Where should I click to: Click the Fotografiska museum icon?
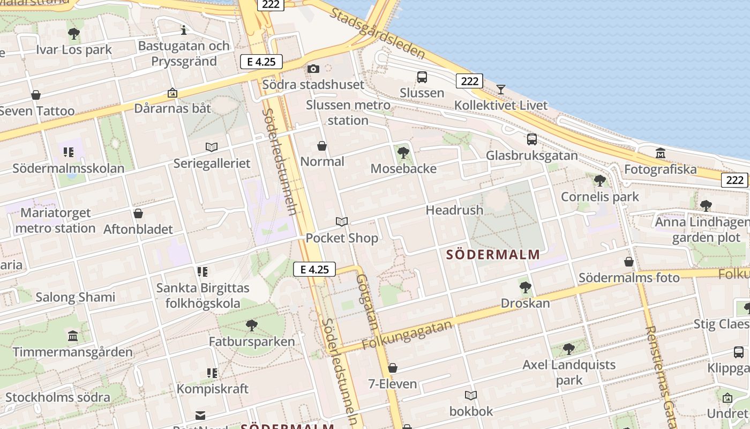coord(660,153)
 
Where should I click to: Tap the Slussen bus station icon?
coord(422,77)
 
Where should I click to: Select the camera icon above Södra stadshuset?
coord(313,69)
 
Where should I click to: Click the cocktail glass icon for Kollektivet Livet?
coord(501,89)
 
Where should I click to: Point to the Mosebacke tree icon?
coord(403,153)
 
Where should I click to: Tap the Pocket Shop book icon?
coord(342,221)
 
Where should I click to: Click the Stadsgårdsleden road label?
coord(378,33)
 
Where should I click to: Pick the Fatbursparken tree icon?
coord(251,325)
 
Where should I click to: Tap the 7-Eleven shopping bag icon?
coord(393,368)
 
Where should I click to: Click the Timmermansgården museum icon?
coord(73,336)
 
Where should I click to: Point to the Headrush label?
coord(454,210)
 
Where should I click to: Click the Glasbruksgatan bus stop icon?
coord(532,139)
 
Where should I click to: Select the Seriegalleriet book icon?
coord(212,147)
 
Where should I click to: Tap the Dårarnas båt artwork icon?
coord(172,93)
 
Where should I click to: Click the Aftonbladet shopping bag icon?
coord(138,213)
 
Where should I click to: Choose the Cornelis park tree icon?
coord(600,181)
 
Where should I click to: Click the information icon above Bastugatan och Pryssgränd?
coord(184,30)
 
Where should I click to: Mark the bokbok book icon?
coord(471,395)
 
